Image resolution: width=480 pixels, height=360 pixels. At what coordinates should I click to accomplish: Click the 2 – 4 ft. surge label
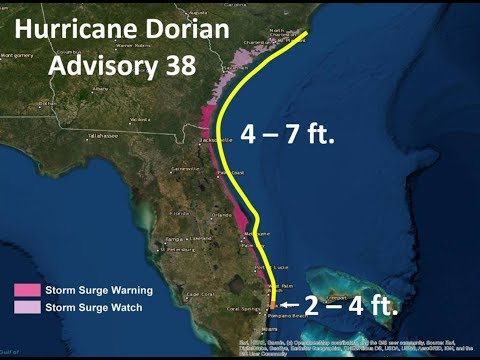click(351, 305)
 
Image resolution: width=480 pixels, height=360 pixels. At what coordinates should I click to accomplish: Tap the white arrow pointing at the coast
click(289, 304)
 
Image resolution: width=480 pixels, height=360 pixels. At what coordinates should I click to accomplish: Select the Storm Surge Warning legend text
click(99, 290)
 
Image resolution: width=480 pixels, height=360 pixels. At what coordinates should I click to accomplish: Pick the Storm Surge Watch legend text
click(93, 305)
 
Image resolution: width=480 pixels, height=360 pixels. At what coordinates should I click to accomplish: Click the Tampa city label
click(175, 240)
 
